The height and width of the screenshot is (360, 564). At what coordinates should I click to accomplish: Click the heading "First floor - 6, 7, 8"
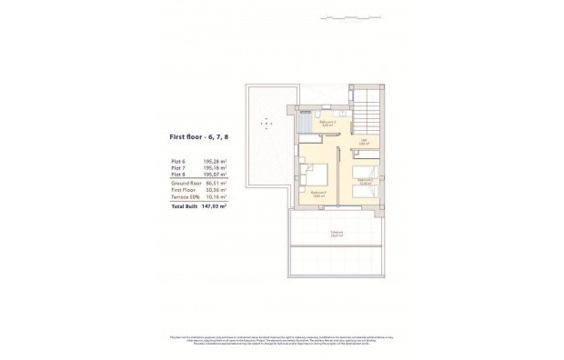[x=198, y=137]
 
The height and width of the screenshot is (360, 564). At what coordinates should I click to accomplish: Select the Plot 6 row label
[x=178, y=162]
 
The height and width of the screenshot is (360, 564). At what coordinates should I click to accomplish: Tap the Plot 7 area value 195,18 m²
[x=215, y=169]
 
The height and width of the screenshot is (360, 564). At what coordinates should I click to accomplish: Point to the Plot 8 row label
[x=178, y=175]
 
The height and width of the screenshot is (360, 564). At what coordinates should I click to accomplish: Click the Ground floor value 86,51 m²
[x=215, y=183]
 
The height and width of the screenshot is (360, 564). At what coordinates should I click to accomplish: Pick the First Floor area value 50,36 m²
[x=215, y=189]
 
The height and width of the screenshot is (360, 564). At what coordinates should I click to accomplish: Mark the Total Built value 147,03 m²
[x=214, y=205]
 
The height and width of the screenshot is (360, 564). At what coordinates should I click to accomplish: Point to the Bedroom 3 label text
[x=366, y=181]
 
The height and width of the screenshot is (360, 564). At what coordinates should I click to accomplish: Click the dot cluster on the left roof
[x=267, y=121]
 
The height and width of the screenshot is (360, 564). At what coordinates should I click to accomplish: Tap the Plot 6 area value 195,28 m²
[x=215, y=162]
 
